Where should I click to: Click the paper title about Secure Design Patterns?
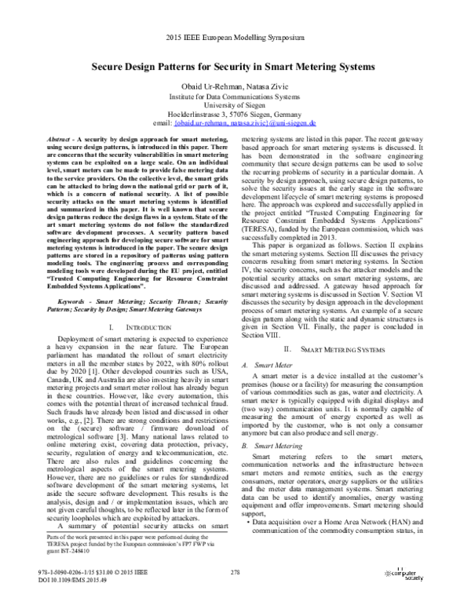tap(235, 69)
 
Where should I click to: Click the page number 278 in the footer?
tap(235, 578)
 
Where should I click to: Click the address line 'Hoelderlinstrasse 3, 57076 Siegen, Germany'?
tap(235, 114)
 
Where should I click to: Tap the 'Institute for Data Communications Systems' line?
tap(235, 95)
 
